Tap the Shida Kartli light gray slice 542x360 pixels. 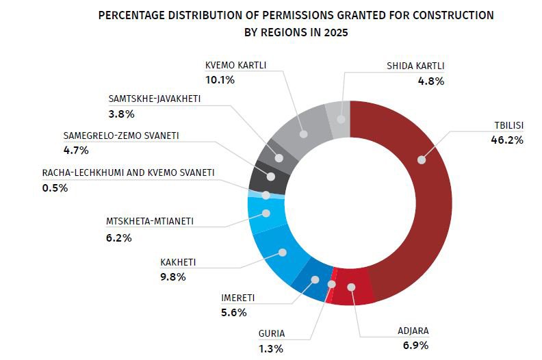(x=338, y=112)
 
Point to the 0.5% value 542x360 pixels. (x=55, y=188)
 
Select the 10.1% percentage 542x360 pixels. (x=220, y=80)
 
